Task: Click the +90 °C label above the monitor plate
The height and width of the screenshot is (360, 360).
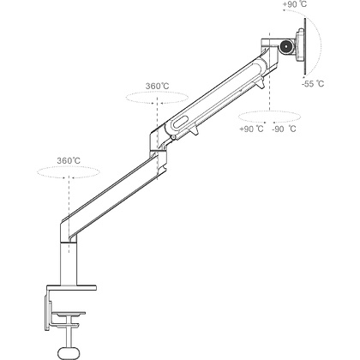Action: pyautogui.click(x=295, y=4)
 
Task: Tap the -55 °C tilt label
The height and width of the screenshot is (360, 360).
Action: pyautogui.click(x=313, y=84)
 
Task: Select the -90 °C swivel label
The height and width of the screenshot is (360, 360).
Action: pyautogui.click(x=284, y=129)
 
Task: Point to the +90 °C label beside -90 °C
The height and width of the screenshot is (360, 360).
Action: pyautogui.click(x=251, y=129)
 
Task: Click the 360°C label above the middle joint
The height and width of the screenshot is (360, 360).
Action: pyautogui.click(x=157, y=86)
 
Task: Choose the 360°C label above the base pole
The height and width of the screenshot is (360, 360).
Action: pyautogui.click(x=69, y=160)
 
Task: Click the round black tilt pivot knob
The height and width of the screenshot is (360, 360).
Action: pyautogui.click(x=286, y=46)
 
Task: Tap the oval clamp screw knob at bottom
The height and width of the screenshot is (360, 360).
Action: pyautogui.click(x=69, y=351)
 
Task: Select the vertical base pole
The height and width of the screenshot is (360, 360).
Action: pyautogui.click(x=69, y=264)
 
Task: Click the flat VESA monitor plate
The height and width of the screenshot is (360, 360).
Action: pyautogui.click(x=305, y=46)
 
